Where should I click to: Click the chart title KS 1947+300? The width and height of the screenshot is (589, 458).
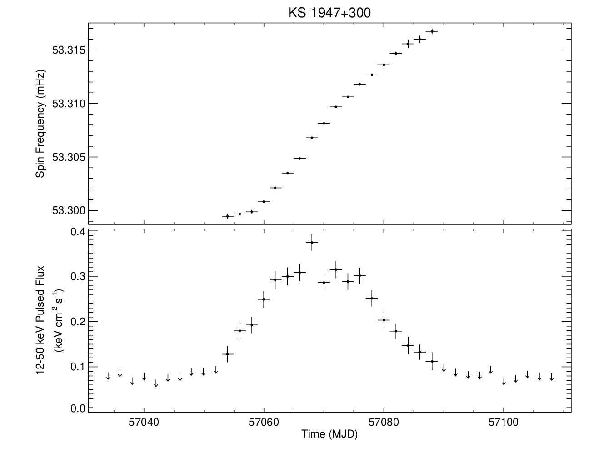[x=329, y=13]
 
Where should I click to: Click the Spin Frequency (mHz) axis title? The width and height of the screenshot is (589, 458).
[x=41, y=124]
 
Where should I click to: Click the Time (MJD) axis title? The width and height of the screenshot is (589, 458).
[x=329, y=434]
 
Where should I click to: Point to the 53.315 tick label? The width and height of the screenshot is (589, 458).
[x=68, y=50]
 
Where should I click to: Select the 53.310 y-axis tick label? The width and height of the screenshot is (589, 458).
[x=68, y=104]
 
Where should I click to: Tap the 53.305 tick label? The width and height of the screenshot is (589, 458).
[x=68, y=157]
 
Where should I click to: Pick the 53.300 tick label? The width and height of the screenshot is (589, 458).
[x=68, y=211]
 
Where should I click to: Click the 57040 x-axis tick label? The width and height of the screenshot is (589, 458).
[x=144, y=422]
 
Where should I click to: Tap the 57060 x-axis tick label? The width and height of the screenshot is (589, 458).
[x=264, y=422]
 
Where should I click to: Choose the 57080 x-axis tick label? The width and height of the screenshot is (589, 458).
[x=384, y=422]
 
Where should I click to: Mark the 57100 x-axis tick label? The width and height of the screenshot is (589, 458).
[x=504, y=422]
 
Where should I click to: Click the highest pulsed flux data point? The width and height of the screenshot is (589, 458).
[x=312, y=243]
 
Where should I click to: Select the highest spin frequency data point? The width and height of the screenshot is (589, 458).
[x=432, y=31]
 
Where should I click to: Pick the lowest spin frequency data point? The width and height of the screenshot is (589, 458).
[x=228, y=216]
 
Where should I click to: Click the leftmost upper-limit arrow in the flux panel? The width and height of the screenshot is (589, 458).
[x=108, y=376]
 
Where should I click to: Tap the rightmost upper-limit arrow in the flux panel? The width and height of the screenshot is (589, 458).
[x=552, y=377]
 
